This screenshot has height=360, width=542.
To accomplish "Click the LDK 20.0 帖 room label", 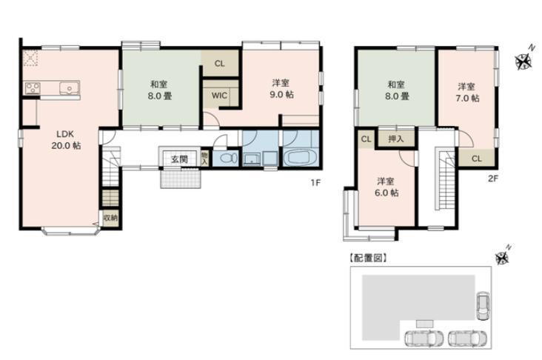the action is (x=66, y=140).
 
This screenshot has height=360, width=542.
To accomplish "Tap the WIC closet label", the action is (x=219, y=95).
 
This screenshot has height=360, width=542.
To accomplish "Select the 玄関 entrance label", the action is (x=179, y=159).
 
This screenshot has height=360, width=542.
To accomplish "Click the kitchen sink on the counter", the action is (x=69, y=88).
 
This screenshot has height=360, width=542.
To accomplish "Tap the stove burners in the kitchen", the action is (x=32, y=87).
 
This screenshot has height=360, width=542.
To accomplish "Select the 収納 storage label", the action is (x=110, y=219).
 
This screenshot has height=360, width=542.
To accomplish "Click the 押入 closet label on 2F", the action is (x=396, y=139).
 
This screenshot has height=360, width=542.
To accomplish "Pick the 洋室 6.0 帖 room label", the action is (x=387, y=187).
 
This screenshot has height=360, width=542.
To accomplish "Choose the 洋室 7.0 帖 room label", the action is (x=467, y=93).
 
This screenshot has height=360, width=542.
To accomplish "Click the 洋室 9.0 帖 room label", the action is (x=281, y=89).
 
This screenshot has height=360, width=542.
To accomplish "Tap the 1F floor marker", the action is (x=315, y=182).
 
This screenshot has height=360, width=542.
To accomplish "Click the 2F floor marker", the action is (x=493, y=179).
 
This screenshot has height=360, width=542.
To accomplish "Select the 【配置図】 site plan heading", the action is (x=368, y=258).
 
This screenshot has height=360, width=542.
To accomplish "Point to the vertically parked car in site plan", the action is (x=482, y=306).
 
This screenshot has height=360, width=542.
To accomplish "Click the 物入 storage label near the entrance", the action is (x=204, y=157).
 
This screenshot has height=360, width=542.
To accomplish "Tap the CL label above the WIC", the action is (x=219, y=64).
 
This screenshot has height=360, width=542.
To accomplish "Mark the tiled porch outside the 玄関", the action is (x=181, y=179).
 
